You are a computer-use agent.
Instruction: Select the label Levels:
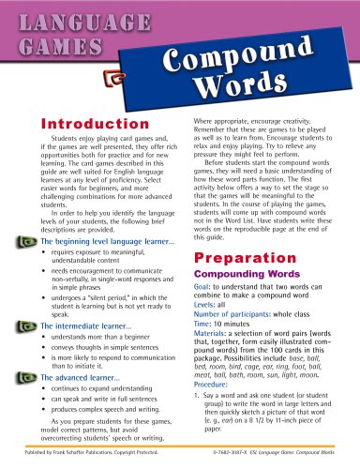pos(208,335)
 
